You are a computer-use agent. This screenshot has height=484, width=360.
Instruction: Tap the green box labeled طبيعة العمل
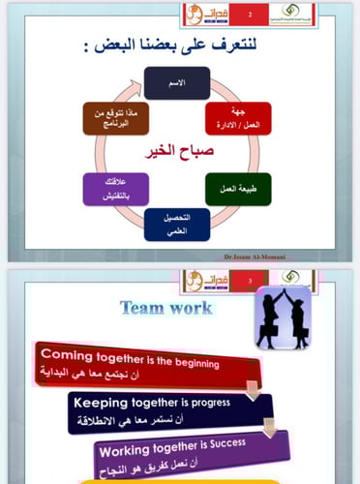[x=237, y=189]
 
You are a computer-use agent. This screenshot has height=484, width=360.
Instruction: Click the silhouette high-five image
[x=282, y=317]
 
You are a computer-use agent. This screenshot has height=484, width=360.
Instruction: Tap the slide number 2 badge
[x=253, y=15]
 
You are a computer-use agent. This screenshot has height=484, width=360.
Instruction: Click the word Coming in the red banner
[x=64, y=354]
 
